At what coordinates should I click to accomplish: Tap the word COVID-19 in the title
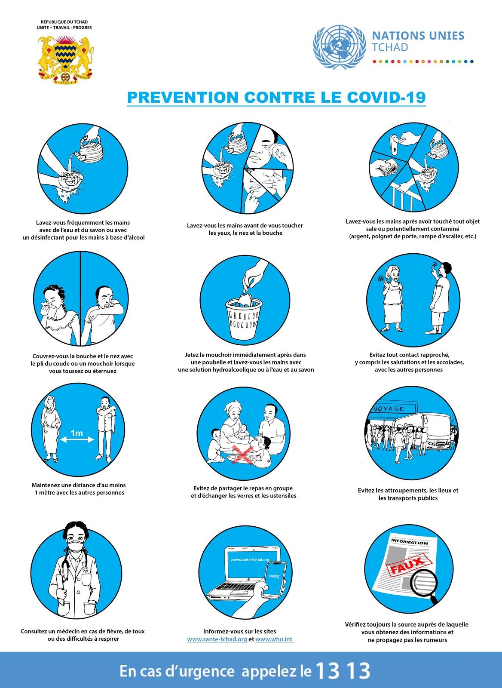point(386,97)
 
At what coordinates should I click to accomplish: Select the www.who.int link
point(274,639)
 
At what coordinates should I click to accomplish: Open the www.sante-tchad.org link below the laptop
point(217,639)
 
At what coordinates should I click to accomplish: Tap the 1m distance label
point(77,433)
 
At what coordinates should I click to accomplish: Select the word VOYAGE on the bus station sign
point(389,409)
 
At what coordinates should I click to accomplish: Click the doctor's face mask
point(76,545)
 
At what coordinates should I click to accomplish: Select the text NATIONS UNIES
point(418,36)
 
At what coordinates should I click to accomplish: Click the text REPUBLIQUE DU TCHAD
point(64,22)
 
